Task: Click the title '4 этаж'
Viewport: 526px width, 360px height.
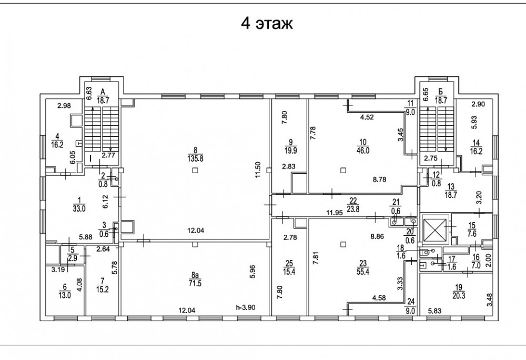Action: pos(267,24)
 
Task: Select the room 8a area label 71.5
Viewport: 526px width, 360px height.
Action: pos(195,284)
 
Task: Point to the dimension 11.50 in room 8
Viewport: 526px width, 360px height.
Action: pos(258,170)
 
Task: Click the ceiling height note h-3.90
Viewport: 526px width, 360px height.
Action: pos(246,307)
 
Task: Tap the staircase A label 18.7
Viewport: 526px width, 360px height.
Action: pos(103,100)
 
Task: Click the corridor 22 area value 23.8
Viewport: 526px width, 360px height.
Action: pos(354,209)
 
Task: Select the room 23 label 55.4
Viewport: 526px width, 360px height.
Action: pos(363,272)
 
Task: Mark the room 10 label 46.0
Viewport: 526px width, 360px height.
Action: pos(363,151)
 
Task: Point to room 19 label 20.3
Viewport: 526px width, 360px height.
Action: pos(459,296)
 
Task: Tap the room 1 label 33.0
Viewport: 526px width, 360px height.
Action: pos(79,208)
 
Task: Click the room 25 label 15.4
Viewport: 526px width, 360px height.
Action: pos(289,272)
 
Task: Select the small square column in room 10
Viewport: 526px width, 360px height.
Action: pos(343,171)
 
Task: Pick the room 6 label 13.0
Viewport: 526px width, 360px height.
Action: pos(65,296)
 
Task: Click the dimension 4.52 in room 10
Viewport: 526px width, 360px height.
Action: pos(367,117)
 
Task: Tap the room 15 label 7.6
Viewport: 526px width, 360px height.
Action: pos(472,234)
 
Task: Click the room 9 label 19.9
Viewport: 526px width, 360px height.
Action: pos(290,151)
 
